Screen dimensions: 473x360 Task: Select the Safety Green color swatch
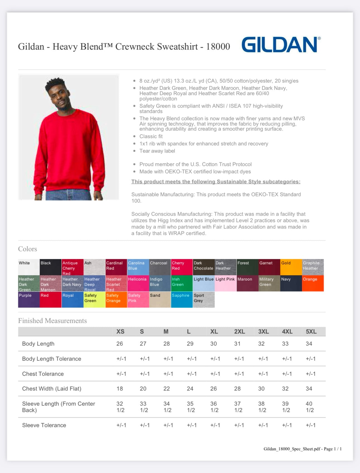[x=94, y=300]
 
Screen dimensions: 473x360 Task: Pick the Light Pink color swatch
[x=225, y=283]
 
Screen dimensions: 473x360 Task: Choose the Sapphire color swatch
[x=182, y=300]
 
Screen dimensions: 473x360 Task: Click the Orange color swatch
[x=313, y=283]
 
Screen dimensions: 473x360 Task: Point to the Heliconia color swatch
[x=138, y=283]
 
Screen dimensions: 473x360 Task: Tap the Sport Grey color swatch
[x=203, y=300]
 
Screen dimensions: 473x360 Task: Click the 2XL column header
[x=239, y=331]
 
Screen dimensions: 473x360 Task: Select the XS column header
[x=120, y=331]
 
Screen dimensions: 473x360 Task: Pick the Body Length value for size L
[x=190, y=344]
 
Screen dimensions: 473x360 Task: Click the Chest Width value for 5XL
[x=309, y=389]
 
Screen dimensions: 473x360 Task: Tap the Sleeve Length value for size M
[x=167, y=407]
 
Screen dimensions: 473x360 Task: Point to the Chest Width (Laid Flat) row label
[x=52, y=389]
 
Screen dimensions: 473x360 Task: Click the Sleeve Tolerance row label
[x=44, y=425]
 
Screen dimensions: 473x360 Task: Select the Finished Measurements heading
[x=52, y=321]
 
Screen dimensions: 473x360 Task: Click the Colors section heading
[x=28, y=249]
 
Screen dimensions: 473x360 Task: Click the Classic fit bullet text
[x=151, y=137]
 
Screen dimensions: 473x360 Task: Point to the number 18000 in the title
[x=218, y=47]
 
